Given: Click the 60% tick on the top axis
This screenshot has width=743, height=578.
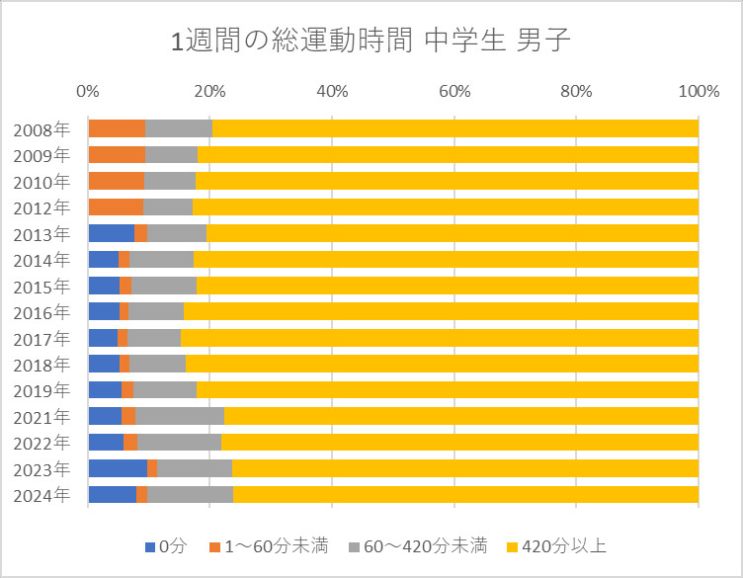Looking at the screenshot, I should [454, 92].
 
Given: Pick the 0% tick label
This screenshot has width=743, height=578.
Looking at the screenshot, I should [88, 92].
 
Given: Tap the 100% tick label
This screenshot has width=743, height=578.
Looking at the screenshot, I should [698, 92].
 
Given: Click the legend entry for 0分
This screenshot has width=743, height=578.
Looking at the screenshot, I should [164, 546].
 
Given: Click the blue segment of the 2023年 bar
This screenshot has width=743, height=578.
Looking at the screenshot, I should [118, 468].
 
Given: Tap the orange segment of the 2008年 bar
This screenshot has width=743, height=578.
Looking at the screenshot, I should [117, 128].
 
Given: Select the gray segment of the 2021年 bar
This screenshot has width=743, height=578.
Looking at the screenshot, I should [180, 416].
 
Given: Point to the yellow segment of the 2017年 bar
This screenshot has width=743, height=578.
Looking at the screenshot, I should [440, 338].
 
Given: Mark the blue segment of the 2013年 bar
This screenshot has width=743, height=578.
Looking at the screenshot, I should [111, 233].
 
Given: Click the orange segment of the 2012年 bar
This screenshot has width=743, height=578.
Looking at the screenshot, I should [116, 206].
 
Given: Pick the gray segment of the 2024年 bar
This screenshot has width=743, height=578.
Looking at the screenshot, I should [190, 494].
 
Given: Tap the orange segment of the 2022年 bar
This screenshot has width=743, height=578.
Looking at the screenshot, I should [130, 442].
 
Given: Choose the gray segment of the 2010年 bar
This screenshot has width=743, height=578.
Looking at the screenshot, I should [169, 181].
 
